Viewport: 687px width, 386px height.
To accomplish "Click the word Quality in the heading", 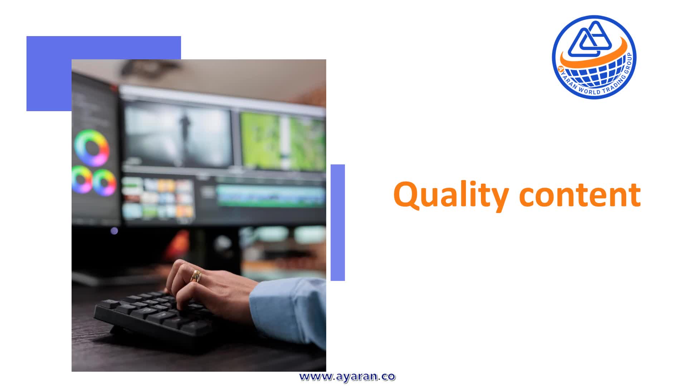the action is pos(451,195).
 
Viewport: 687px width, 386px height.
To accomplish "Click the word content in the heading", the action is pos(580,195).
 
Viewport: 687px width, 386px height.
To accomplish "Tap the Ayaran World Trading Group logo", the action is pos(594,57).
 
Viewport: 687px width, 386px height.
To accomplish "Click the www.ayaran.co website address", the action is pos(347,377).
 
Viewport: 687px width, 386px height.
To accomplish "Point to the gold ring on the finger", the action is pos(196,276).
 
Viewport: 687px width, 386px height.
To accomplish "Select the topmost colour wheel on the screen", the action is pos(92,148).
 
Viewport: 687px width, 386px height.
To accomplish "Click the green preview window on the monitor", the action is pos(283,141).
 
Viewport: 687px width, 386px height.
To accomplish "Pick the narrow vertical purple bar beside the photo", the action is pos(338,223).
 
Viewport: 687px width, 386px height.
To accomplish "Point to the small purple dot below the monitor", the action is pos(114,231).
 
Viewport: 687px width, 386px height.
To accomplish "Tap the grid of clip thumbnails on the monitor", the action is pos(158,198).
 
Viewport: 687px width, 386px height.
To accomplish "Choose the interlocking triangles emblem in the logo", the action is pos(585,39).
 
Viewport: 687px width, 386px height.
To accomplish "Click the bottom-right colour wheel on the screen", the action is pos(104,182).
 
